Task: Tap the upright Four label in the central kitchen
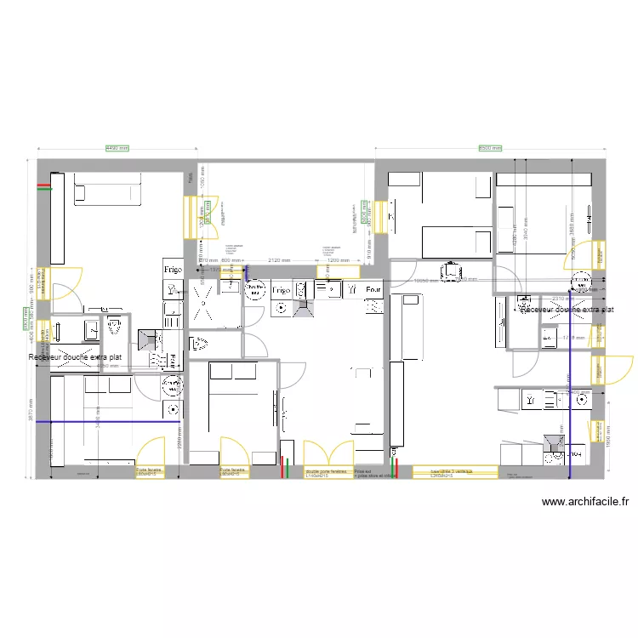point(373,290)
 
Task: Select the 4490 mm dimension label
point(117,148)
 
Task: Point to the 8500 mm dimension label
point(490,148)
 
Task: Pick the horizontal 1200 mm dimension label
point(339,259)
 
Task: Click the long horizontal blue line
point(115,421)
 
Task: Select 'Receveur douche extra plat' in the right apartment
point(566,310)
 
